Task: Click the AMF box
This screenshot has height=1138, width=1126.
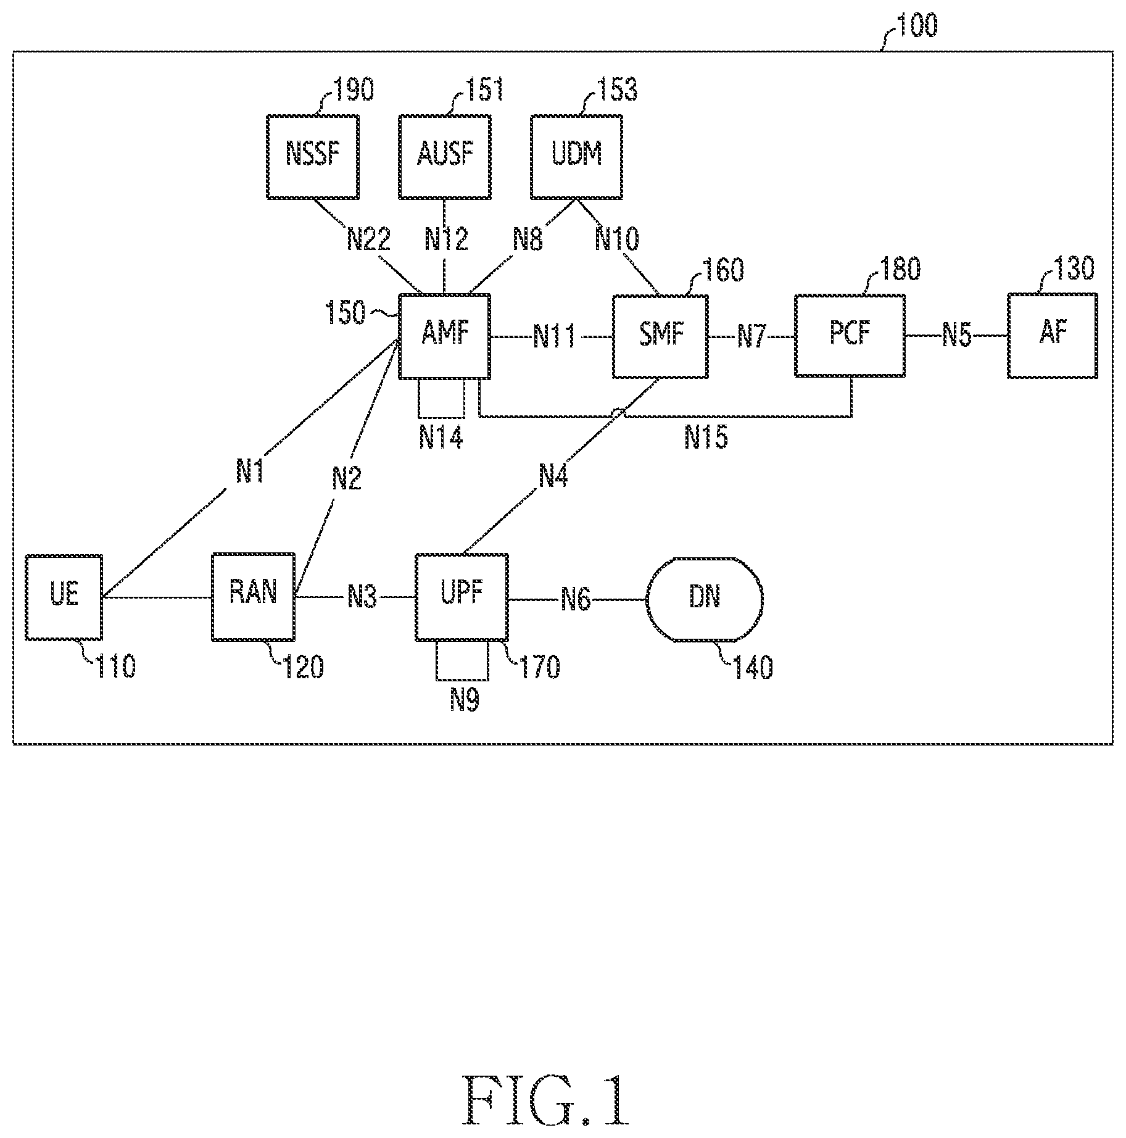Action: pos(445,336)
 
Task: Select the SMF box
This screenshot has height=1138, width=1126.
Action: pos(660,336)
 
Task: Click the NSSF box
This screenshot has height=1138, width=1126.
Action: pos(313,157)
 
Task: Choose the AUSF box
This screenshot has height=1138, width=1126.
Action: pos(445,157)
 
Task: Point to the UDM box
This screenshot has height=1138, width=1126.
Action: pos(576,157)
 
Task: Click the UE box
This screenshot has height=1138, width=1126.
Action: pos(64,597)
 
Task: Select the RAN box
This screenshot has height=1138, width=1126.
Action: pos(253,597)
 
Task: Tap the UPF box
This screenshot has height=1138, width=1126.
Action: pos(462,597)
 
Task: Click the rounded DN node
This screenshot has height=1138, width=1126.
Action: pos(705,597)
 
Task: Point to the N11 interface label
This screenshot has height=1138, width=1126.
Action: pos(555,337)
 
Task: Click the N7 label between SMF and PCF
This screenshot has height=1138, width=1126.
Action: pos(751,337)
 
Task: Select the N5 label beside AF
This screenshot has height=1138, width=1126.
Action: pos(957,336)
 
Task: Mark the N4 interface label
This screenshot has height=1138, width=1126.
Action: pos(553,475)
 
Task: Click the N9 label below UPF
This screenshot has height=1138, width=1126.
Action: pos(465,700)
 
